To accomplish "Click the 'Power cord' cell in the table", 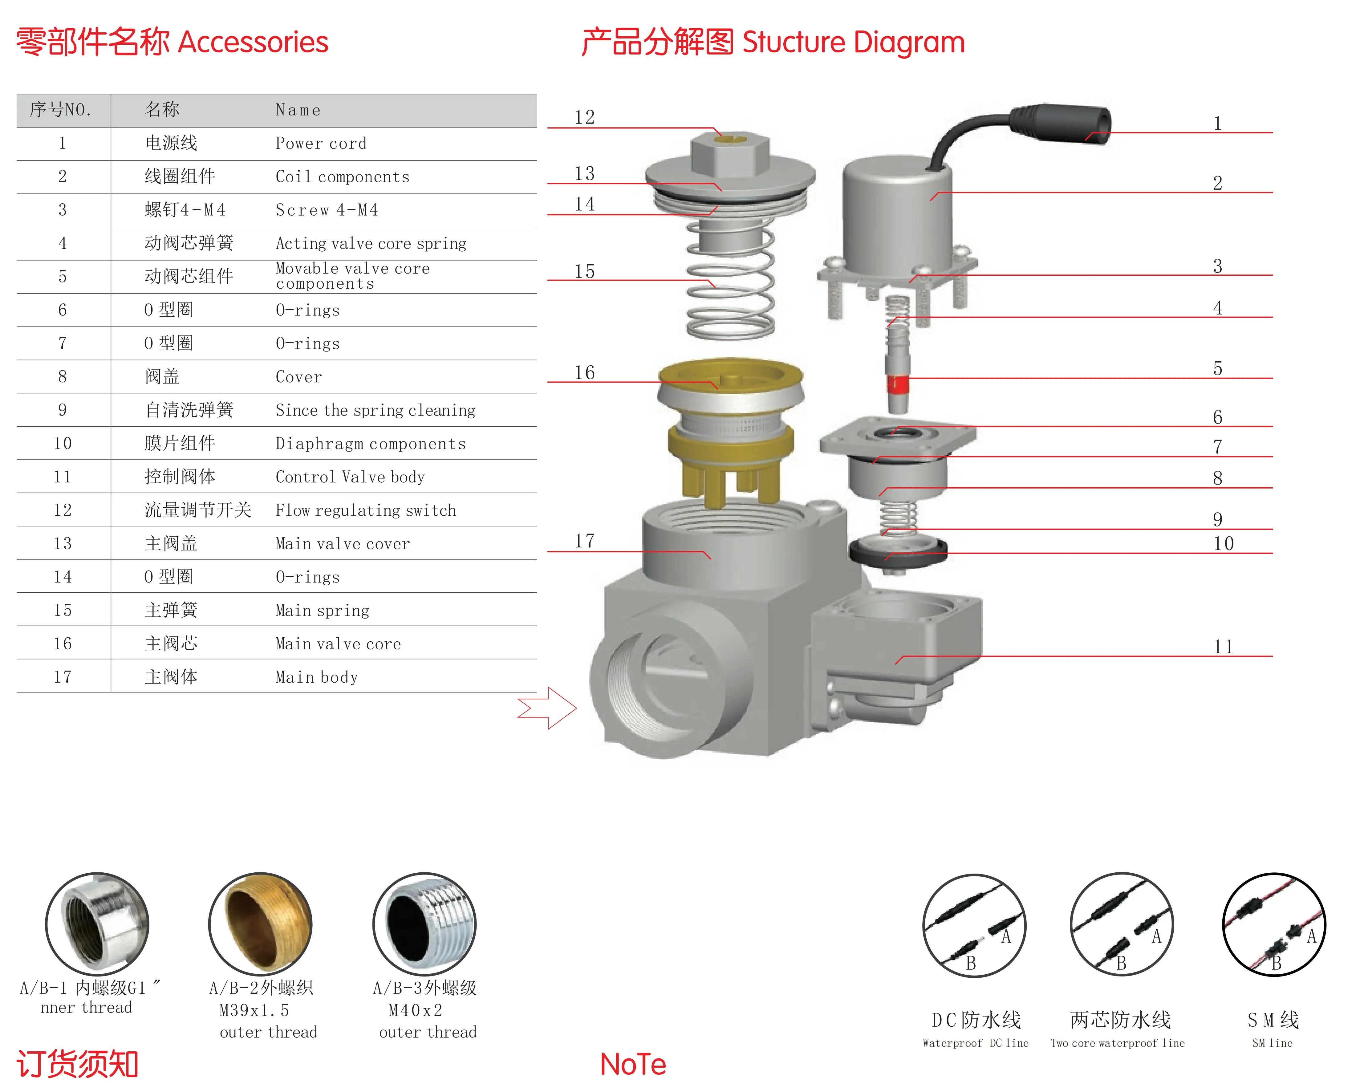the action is pos(321,144).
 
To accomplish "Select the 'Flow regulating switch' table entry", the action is pos(366,510).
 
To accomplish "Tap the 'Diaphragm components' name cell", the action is pos(371,443).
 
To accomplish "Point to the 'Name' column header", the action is pos(298,110).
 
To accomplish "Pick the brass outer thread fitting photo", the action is pos(261,924).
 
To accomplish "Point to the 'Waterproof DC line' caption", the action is pos(976,1043).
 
